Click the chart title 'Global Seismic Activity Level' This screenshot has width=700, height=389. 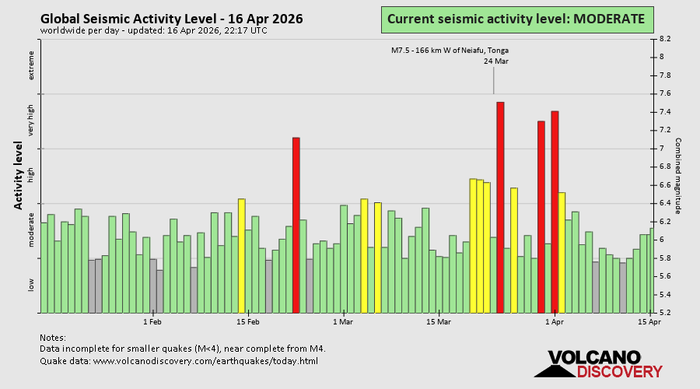[x=171, y=19]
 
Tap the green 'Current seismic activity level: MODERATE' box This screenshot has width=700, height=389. [x=516, y=19]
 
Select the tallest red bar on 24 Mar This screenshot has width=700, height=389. [x=500, y=206]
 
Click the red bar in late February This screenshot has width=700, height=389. [x=296, y=224]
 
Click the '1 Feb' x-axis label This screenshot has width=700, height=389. [x=152, y=321]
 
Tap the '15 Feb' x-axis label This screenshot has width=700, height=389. [x=247, y=321]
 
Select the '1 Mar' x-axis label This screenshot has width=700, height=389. [x=342, y=321]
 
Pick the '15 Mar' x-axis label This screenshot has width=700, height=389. [x=439, y=321]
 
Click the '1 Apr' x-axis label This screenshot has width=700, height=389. [x=555, y=321]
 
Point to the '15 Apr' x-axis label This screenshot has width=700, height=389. [x=649, y=321]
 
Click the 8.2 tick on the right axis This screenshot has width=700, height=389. [x=666, y=38]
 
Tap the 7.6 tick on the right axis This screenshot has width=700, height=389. [x=666, y=93]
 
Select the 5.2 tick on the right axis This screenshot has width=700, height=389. [x=666, y=313]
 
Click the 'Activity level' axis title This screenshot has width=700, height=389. [x=18, y=175]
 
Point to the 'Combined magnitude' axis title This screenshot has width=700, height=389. [x=677, y=176]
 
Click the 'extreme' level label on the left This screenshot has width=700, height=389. [x=32, y=65]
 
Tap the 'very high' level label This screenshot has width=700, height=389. [x=32, y=120]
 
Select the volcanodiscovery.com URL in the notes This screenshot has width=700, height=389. [x=206, y=361]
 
